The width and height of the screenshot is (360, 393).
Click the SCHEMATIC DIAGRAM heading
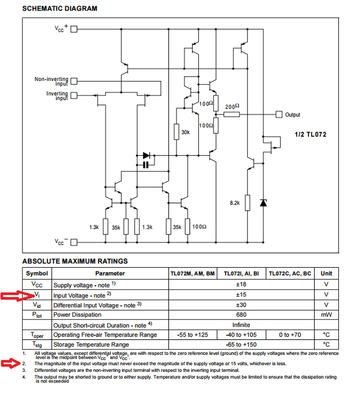click(59, 8)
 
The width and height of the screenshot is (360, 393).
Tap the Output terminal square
click(279, 114)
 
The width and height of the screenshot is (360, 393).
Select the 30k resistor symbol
click(177, 132)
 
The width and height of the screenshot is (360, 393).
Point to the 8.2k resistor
click(248, 203)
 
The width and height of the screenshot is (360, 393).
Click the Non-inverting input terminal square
click(74, 81)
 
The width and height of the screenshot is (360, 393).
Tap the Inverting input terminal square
click(74, 95)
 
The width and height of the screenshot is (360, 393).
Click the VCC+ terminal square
click(74, 29)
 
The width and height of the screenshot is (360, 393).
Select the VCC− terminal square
click(74, 242)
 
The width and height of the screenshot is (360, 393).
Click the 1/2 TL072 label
click(311, 134)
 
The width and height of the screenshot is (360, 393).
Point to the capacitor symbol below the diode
click(146, 165)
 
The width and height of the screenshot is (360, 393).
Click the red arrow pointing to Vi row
click(17, 296)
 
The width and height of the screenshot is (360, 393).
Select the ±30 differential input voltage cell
click(241, 305)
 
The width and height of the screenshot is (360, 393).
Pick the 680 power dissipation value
click(241, 315)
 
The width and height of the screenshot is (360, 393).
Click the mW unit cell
click(326, 315)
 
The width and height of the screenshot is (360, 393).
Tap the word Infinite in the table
click(241, 325)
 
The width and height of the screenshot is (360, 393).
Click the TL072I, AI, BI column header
click(241, 274)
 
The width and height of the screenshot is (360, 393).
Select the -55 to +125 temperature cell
click(192, 335)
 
